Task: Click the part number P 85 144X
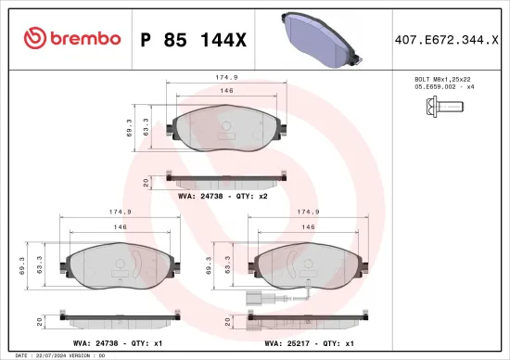click(x=193, y=38)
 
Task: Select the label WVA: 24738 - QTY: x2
click(x=223, y=196)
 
